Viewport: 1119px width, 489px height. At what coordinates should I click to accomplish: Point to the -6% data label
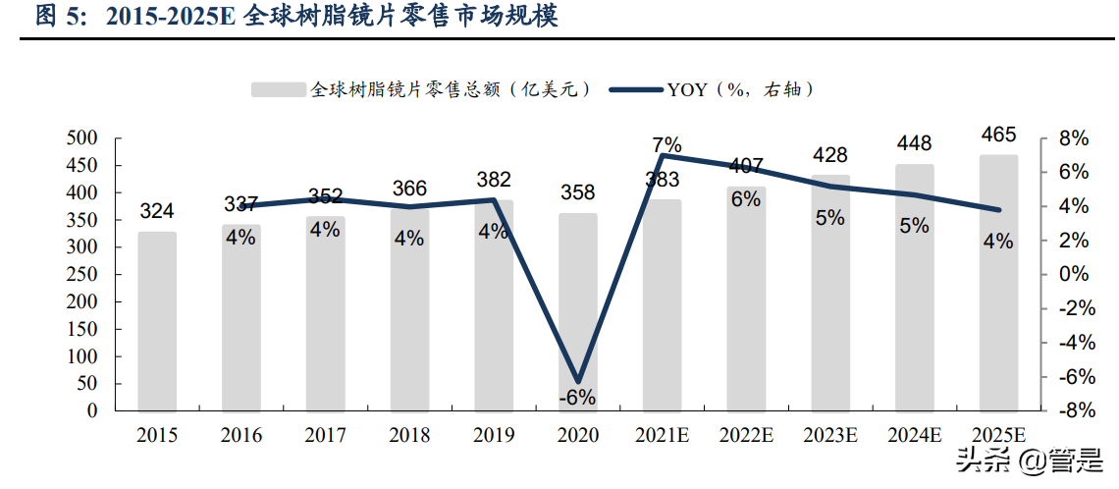pyautogui.click(x=578, y=398)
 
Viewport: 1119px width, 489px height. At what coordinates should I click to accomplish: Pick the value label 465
pyautogui.click(x=998, y=135)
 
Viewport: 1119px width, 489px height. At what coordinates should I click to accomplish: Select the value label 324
pyautogui.click(x=157, y=211)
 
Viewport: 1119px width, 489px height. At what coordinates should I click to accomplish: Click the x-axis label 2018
pyautogui.click(x=409, y=435)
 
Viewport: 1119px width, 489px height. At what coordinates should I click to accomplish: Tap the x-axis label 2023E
pyautogui.click(x=829, y=435)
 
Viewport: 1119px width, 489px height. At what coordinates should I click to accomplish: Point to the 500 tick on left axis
pyautogui.click(x=82, y=138)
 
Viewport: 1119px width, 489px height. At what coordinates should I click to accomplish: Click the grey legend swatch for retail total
pyautogui.click(x=279, y=89)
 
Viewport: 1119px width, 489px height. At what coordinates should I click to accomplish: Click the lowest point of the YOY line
pyautogui.click(x=578, y=380)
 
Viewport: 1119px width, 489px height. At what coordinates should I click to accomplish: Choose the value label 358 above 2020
pyautogui.click(x=578, y=191)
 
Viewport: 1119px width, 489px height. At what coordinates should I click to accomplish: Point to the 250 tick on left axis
pyautogui.click(x=82, y=275)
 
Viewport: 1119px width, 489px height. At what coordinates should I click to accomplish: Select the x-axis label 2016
pyautogui.click(x=241, y=435)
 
